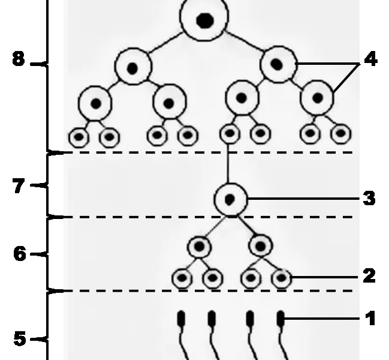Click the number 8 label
click(19, 59)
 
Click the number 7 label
click(19, 186)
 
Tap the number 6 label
click(20, 253)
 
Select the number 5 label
click(20, 338)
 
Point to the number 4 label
click(371, 59)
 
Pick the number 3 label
click(369, 198)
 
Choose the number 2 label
click(369, 275)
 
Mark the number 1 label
click(370, 318)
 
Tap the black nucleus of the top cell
click(205, 20)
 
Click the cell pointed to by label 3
click(231, 199)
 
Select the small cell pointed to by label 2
click(281, 278)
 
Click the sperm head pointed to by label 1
click(281, 319)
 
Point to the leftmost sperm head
click(182, 319)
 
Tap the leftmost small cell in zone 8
click(79, 137)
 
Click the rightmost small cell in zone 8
click(341, 134)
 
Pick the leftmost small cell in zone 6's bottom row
click(182, 278)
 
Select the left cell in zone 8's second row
click(133, 67)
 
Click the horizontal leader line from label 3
click(304, 199)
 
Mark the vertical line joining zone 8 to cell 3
click(228, 164)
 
